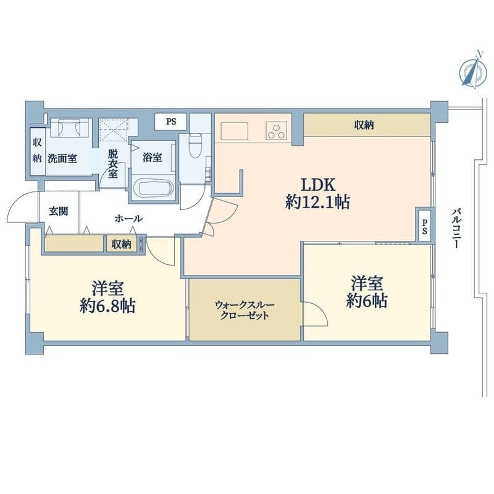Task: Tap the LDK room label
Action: [318, 185]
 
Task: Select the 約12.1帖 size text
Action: [317, 203]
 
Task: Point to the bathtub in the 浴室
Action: [153, 188]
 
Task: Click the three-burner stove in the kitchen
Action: [277, 130]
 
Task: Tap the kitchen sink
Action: [235, 131]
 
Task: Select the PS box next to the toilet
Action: [171, 122]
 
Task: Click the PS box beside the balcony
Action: [425, 225]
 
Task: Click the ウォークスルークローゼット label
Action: [245, 310]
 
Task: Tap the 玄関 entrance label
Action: [58, 211]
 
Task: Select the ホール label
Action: [129, 219]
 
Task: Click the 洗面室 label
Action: [62, 158]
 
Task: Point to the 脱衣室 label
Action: [113, 164]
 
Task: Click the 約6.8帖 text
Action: [107, 306]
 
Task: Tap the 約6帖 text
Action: [367, 301]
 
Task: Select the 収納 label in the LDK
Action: [364, 125]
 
